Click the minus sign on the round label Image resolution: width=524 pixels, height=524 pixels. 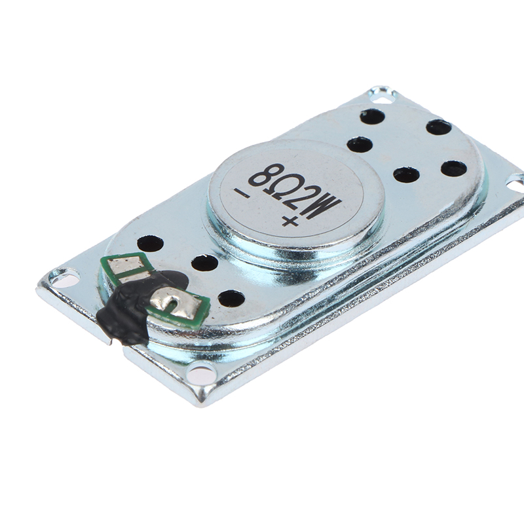(246, 194)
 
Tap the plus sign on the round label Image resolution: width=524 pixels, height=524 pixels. (290, 221)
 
